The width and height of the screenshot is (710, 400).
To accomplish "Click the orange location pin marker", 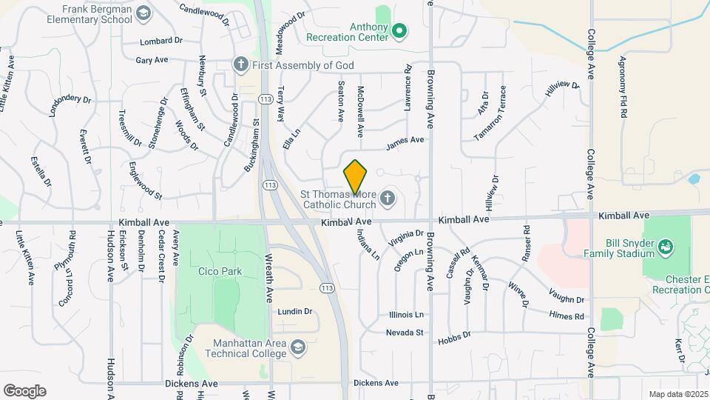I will pyautogui.click(x=356, y=177).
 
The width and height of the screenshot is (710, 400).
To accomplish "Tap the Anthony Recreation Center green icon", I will pyautogui.click(x=399, y=31).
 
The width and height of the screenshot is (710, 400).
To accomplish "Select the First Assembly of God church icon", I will pyautogui.click(x=240, y=64).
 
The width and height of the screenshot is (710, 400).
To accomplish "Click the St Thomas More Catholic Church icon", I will pyautogui.click(x=387, y=198).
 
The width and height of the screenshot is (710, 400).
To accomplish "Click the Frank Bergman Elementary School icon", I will pyautogui.click(x=143, y=13).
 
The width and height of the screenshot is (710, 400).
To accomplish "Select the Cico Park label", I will pyautogui.click(x=220, y=271).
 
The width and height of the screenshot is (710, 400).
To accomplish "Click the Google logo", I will pyautogui.click(x=24, y=390).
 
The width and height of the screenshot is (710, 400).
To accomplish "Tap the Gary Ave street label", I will pyautogui.click(x=152, y=60).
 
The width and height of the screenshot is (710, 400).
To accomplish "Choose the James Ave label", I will pyautogui.click(x=405, y=139).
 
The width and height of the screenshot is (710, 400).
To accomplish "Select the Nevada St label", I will pyautogui.click(x=405, y=333).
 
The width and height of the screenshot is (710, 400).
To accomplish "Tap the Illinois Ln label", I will pyautogui.click(x=407, y=315).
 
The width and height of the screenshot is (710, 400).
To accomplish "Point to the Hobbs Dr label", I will pyautogui.click(x=454, y=336).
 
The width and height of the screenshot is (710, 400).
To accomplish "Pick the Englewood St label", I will pyautogui.click(x=145, y=181).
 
